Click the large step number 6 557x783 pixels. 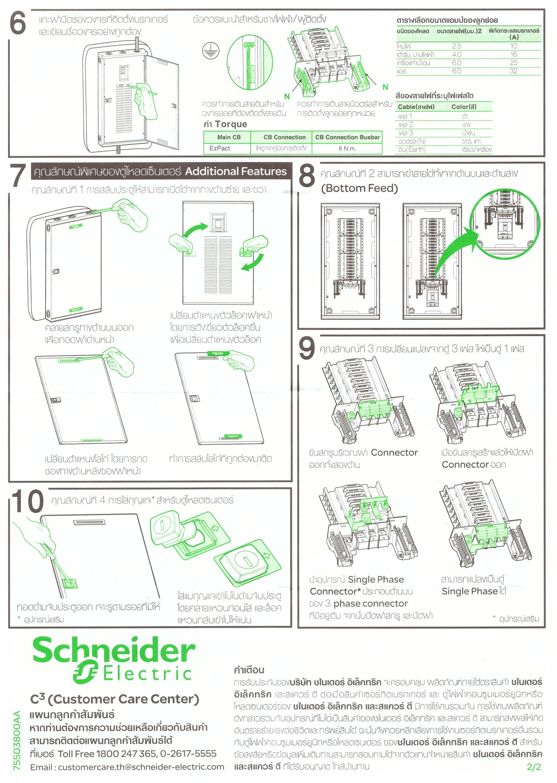[18, 23]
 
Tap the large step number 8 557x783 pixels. [307, 176]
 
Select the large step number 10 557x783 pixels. [28, 502]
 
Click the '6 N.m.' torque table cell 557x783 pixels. [347, 149]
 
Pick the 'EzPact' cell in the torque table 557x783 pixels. [220, 148]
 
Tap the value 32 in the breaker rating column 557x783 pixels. [513, 71]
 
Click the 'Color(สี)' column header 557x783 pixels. [464, 107]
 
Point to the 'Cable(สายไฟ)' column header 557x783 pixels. [416, 107]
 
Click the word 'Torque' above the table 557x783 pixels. [230, 124]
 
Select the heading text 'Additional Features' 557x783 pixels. [236, 171]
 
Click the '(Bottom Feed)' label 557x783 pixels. [359, 188]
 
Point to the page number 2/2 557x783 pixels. [534, 767]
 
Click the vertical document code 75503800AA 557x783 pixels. [17, 741]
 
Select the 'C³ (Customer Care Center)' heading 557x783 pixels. [115, 699]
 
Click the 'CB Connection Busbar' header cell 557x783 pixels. [347, 137]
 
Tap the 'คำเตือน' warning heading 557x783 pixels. [249, 670]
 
